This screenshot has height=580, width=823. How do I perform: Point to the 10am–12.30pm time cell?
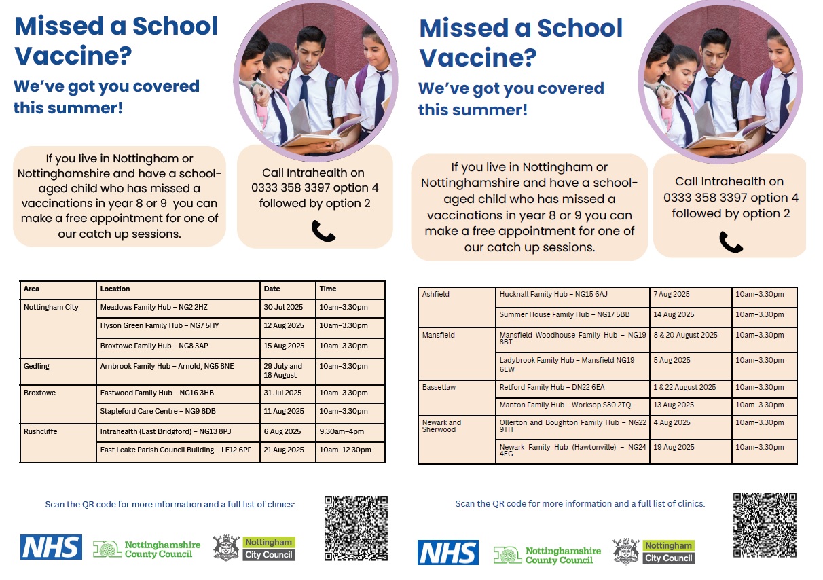tap(346, 450)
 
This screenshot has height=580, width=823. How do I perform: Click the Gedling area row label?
tap(37, 367)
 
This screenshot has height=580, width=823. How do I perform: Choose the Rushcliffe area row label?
tap(41, 432)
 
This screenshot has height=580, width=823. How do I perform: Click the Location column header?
tap(115, 289)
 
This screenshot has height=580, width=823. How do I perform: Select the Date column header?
tap(272, 289)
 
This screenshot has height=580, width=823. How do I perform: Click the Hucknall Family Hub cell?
tap(553, 295)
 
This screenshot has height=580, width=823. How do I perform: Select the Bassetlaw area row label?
tap(439, 388)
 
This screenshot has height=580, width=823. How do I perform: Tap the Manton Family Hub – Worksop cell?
tap(565, 405)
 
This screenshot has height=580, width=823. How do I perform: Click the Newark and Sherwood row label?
tap(441, 426)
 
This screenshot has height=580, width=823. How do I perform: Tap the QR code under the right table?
tap(765, 525)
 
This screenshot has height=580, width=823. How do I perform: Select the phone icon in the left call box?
tap(323, 232)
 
